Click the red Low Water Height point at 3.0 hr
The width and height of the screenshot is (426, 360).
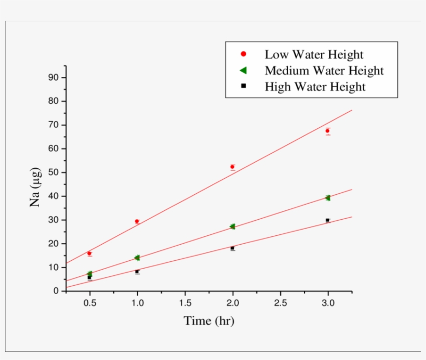[x=327, y=131]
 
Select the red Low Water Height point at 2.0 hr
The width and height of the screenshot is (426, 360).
[x=232, y=167]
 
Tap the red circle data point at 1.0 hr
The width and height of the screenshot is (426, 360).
[x=137, y=221]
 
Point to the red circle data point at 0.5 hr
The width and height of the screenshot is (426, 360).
[x=89, y=254]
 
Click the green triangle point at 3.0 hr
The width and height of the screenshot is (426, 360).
[x=327, y=198]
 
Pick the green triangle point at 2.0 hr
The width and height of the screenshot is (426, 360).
[x=232, y=226]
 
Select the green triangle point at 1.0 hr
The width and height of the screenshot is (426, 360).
[x=137, y=258]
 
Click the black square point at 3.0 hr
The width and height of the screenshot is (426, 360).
[x=327, y=220]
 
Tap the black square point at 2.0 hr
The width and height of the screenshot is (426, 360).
[x=232, y=248]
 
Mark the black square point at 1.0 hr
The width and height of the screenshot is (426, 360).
[x=137, y=272]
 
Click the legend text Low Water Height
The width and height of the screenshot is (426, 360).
[x=314, y=55]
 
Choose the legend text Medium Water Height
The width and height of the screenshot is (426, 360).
[x=324, y=71]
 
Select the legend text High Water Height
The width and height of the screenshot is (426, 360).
[x=315, y=87]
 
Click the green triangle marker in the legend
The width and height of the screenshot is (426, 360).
[x=243, y=70]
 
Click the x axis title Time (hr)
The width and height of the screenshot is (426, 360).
[x=209, y=321]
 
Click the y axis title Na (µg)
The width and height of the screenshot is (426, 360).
[x=35, y=184]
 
